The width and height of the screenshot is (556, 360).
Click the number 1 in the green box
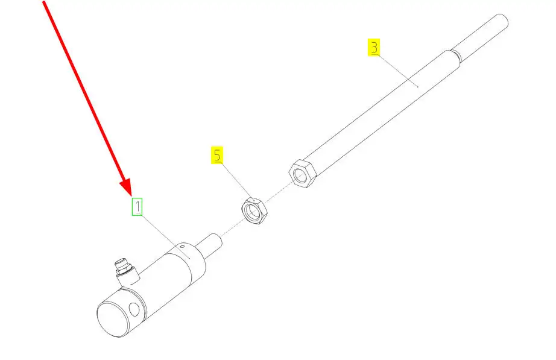click(137, 207)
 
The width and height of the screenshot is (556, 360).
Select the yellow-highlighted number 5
click(217, 155)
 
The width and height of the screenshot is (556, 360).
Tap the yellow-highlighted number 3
click(374, 48)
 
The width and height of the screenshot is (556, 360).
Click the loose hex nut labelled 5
click(254, 210)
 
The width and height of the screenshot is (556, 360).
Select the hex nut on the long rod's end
click(303, 174)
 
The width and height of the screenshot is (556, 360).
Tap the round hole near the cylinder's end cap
click(134, 309)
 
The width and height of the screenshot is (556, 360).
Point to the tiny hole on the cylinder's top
click(182, 246)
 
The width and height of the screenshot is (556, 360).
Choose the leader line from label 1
click(166, 237)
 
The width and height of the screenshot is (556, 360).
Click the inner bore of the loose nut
click(253, 212)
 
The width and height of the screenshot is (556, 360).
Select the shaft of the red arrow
click(84, 92)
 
